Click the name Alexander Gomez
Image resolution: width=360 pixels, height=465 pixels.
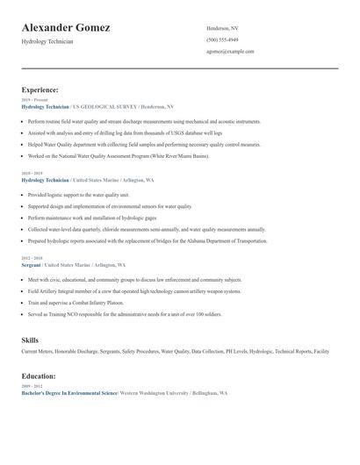[66, 28]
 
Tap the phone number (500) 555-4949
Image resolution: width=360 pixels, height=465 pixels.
[222, 39]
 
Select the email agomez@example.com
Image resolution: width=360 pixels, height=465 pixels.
[230, 51]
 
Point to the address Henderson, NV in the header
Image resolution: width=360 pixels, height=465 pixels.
[222, 28]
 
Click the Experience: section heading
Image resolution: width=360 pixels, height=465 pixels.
[40, 89]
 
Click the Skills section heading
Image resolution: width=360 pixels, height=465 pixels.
[30, 339]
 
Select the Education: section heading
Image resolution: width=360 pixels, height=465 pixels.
[40, 376]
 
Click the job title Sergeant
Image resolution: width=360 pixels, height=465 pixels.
[32, 265]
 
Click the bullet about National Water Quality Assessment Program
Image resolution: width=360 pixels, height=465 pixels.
[119, 155]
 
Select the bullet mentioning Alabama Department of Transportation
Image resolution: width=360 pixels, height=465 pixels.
[148, 240]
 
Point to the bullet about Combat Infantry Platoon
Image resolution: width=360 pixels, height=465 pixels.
[77, 302]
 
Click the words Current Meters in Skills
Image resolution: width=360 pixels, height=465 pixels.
[38, 351]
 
